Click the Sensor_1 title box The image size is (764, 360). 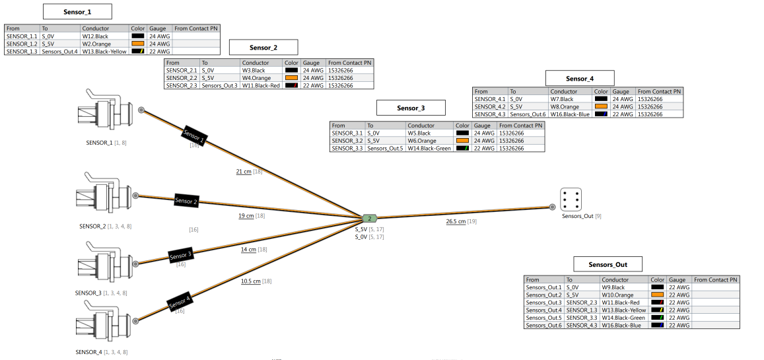(77, 12)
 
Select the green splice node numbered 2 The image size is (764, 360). (370, 218)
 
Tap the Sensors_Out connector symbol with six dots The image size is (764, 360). (571, 199)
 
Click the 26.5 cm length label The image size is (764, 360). (456, 222)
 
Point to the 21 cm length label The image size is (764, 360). (244, 172)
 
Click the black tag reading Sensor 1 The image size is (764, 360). (193, 135)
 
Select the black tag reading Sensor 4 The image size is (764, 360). (180, 303)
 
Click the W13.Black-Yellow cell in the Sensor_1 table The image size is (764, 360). (104, 52)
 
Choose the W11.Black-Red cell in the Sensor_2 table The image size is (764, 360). (261, 86)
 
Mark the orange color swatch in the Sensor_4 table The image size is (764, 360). (601, 106)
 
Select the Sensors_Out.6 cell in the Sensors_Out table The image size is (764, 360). (543, 325)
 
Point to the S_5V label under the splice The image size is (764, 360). (361, 229)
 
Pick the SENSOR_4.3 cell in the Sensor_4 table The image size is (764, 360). (490, 114)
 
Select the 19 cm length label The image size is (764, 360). (246, 216)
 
